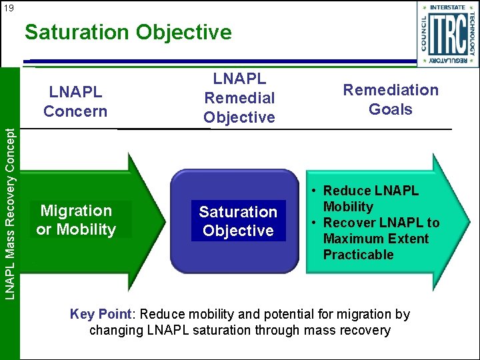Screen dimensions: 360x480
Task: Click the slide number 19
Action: [8, 8]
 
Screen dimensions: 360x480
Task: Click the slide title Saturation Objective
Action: [128, 32]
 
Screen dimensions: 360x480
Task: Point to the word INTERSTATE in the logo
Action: [448, 8]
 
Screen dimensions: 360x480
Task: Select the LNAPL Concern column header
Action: [75, 101]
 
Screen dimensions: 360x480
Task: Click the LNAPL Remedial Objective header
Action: [239, 98]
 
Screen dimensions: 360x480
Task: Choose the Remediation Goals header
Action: [391, 99]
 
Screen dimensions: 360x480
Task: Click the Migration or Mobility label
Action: [77, 220]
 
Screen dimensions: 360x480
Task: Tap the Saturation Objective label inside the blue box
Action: [238, 221]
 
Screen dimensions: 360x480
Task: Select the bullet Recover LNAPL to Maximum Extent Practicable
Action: [381, 239]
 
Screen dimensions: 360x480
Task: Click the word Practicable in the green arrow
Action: [358, 255]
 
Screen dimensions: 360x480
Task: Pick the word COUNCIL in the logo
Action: [424, 33]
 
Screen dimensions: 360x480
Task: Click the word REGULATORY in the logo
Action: [448, 60]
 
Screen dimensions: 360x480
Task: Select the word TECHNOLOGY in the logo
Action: [473, 33]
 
